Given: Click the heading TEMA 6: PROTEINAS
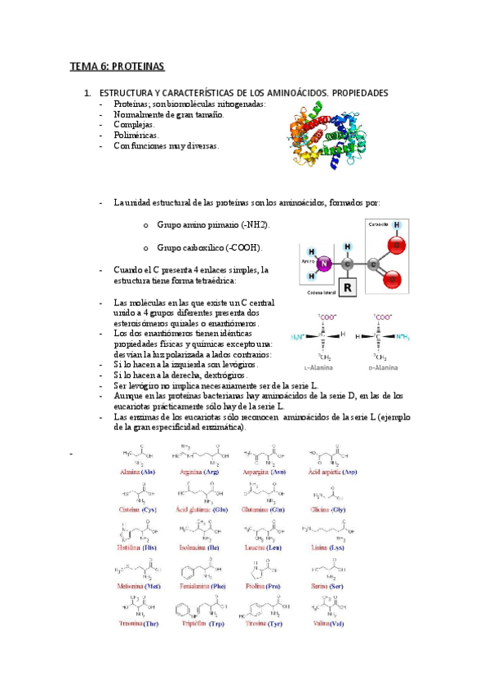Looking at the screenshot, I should [x=117, y=65].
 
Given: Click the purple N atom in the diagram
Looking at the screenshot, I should [x=323, y=264].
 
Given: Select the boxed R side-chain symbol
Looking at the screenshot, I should [x=348, y=288].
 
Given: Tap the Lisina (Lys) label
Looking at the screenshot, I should [x=331, y=549].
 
